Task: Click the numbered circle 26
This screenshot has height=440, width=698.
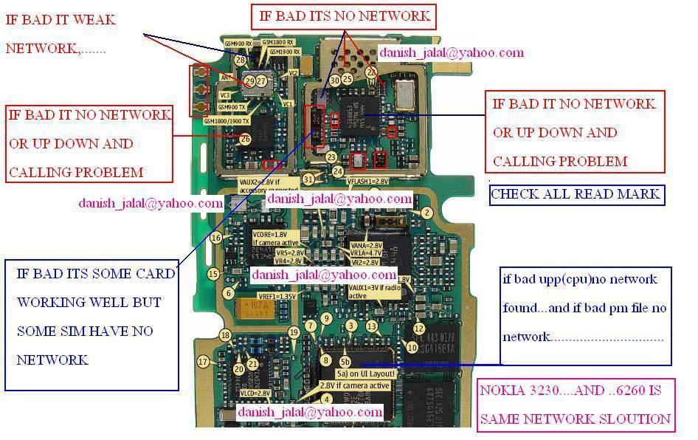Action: pyautogui.click(x=246, y=139)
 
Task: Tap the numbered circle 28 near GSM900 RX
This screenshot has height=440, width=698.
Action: pyautogui.click(x=241, y=60)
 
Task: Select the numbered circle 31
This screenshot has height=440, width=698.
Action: pyautogui.click(x=308, y=179)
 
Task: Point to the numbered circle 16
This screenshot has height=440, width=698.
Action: pyautogui.click(x=216, y=238)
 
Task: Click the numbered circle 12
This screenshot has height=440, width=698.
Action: pyautogui.click(x=419, y=329)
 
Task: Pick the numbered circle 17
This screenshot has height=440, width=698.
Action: pyautogui.click(x=203, y=362)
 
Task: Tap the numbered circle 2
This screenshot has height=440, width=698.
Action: pyautogui.click(x=426, y=213)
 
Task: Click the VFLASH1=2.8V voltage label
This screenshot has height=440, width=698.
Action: pyautogui.click(x=367, y=181)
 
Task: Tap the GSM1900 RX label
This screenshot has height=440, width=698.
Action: pyautogui.click(x=284, y=52)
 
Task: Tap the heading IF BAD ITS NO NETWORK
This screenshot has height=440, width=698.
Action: pyautogui.click(x=344, y=16)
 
